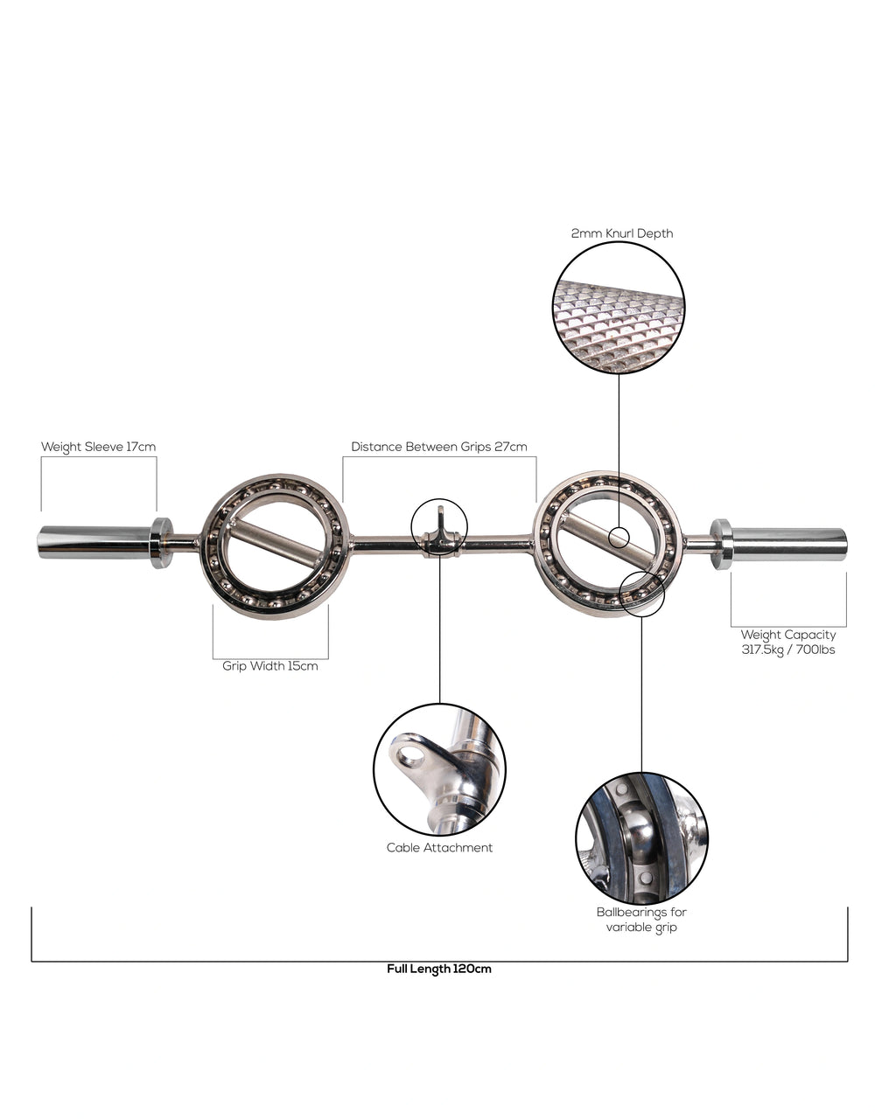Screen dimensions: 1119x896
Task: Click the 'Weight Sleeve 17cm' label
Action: pos(98,447)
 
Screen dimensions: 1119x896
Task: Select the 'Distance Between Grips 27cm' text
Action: pos(439,447)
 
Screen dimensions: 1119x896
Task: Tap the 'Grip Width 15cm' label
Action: pos(270,666)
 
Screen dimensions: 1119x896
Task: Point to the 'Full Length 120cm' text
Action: pos(439,969)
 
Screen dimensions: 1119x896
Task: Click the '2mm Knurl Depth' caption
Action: pos(622,233)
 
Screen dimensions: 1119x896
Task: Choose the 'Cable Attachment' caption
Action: pos(439,847)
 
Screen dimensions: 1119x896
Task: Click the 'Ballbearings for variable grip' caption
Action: pos(641,919)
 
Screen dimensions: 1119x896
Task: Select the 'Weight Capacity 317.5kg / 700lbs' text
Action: pos(787,642)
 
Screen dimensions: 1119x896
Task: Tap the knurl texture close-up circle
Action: pos(619,308)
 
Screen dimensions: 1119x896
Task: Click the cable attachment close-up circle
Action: pos(439,769)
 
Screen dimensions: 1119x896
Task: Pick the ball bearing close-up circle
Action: pos(641,838)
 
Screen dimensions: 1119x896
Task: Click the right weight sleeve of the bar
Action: pos(788,543)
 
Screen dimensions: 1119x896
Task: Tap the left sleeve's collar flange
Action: pos(161,543)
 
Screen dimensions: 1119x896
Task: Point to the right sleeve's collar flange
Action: pos(721,544)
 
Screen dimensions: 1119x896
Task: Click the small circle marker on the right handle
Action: pos(619,537)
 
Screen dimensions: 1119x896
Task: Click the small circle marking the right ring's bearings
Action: pos(641,594)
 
